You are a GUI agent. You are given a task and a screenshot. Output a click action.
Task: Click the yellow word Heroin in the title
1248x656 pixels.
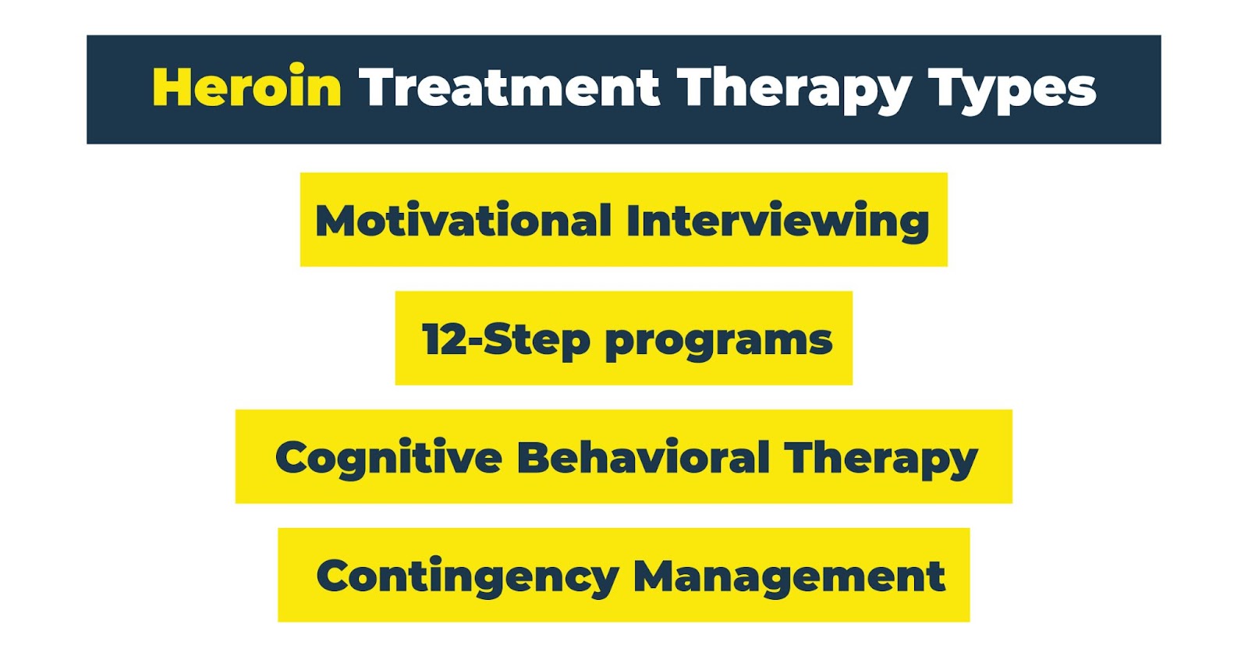click(246, 86)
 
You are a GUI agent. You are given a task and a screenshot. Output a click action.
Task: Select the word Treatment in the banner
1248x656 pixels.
click(509, 87)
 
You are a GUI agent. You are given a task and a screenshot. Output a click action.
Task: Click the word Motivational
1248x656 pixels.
click(463, 220)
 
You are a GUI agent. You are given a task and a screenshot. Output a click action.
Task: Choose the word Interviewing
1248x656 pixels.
click(778, 222)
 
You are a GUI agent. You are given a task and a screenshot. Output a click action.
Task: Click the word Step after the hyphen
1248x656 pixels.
click(537, 341)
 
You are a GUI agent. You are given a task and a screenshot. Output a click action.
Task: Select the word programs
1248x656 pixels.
click(718, 342)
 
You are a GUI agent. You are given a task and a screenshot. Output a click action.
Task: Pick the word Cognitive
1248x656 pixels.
click(388, 459)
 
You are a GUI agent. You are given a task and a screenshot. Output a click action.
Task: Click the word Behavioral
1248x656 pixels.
click(643, 457)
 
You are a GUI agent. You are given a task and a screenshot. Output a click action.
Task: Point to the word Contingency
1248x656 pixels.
click(467, 577)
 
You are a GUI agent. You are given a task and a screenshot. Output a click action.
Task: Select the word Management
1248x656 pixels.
click(789, 578)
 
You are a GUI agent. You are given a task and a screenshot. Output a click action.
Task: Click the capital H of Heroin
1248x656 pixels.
click(172, 86)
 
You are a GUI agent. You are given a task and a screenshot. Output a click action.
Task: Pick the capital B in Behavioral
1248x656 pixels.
click(534, 457)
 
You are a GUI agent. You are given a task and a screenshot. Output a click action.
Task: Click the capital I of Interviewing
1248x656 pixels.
click(633, 220)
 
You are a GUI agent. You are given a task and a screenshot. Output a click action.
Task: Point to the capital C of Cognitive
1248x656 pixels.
click(292, 457)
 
